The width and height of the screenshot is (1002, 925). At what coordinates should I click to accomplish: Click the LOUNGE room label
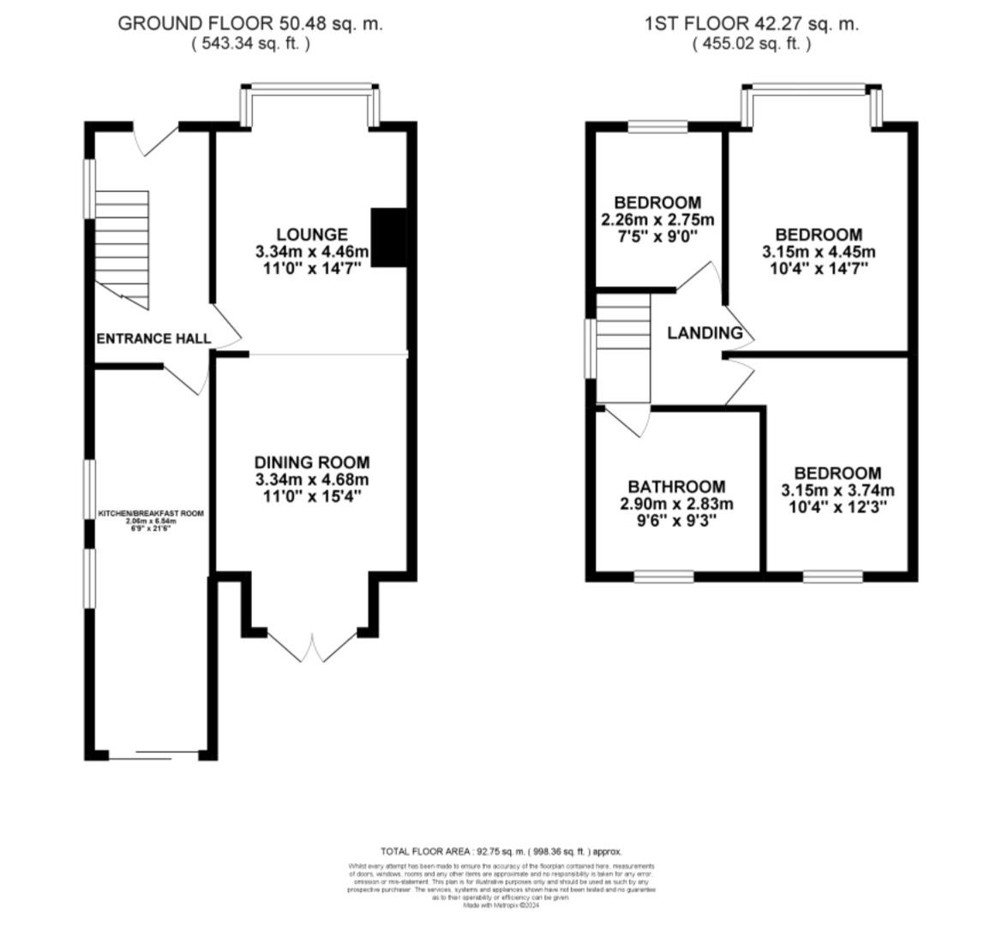tap(311, 235)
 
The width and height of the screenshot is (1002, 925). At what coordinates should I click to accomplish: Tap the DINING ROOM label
tap(312, 462)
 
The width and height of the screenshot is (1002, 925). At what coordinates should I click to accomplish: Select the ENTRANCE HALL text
tap(153, 339)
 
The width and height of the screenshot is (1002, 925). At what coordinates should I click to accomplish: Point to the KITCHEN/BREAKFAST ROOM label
tap(150, 513)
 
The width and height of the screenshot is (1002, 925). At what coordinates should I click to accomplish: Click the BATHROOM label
tap(676, 486)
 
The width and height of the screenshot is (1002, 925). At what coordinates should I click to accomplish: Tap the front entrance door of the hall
tap(156, 140)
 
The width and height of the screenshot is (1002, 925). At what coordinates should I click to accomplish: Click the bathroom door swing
tap(629, 421)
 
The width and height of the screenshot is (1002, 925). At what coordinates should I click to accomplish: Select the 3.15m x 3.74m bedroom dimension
tap(837, 491)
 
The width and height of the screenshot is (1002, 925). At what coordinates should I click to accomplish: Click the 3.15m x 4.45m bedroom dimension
tap(819, 252)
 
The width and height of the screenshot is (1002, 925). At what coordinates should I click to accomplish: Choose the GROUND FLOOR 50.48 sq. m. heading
tap(249, 23)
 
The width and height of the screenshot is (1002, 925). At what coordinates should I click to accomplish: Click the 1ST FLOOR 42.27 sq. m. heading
tap(751, 23)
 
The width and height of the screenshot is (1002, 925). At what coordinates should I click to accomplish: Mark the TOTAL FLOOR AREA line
tap(501, 851)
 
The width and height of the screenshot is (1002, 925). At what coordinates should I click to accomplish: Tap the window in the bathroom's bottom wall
tap(663, 576)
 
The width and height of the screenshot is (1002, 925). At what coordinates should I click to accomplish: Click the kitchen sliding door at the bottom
tap(153, 756)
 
